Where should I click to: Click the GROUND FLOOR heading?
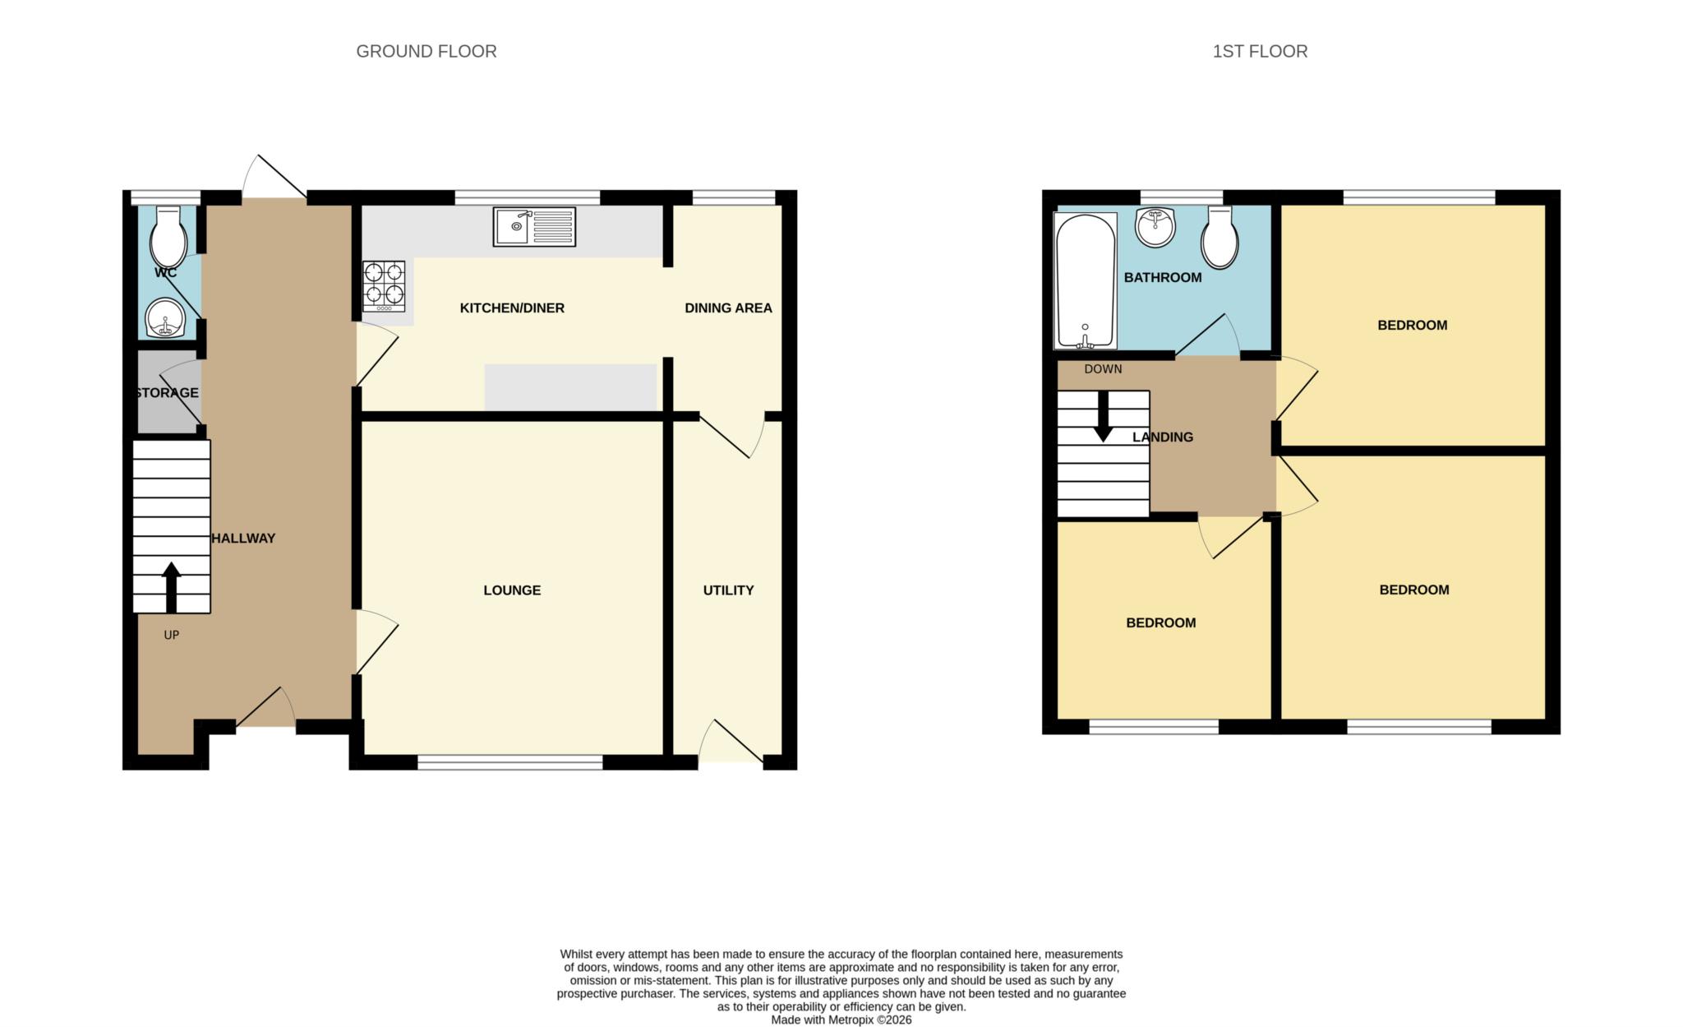click(426, 51)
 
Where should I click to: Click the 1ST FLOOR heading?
click(1260, 51)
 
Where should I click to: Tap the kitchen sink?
click(534, 227)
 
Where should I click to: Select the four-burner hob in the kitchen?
click(384, 286)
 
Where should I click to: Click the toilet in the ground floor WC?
click(169, 237)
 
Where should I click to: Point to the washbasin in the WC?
click(166, 318)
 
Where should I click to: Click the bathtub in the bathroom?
click(1086, 280)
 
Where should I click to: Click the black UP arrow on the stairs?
click(171, 587)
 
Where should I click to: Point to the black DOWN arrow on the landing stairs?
click(1104, 416)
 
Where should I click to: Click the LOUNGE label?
click(512, 590)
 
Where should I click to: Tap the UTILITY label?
click(728, 590)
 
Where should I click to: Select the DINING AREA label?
click(728, 308)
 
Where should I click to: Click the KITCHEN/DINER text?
click(512, 308)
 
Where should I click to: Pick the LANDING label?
click(1163, 437)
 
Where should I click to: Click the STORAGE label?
click(167, 393)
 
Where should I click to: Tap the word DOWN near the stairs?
click(1103, 369)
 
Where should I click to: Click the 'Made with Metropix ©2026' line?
click(841, 1020)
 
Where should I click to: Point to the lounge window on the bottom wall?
click(510, 763)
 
